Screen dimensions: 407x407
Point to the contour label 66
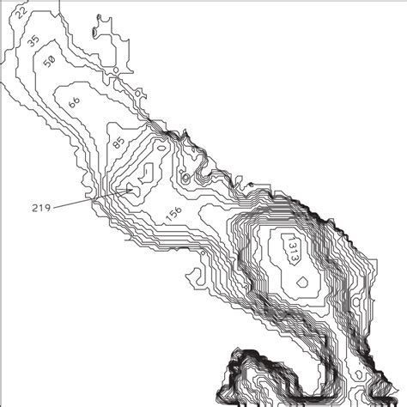coord(74,101)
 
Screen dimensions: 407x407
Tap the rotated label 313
coord(293,251)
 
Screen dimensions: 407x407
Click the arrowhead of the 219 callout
coord(131,189)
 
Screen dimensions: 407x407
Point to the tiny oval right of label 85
coord(184,179)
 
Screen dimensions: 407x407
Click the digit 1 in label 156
coord(167,218)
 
